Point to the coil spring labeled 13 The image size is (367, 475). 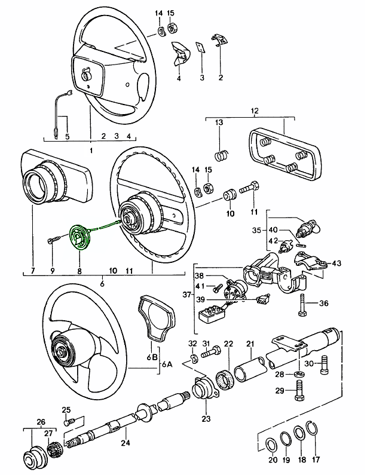tap(221, 155)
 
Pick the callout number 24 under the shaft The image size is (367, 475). tap(125, 443)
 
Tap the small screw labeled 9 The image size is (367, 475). tap(53, 241)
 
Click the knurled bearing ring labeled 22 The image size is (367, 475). tap(228, 378)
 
